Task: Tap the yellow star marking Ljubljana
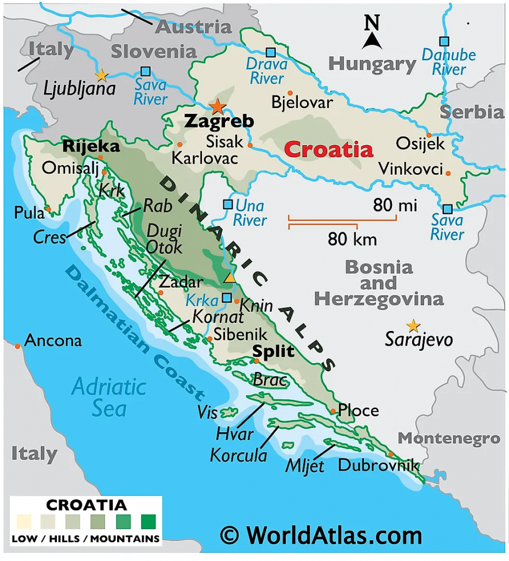(x=101, y=75)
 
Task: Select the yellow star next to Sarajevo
(x=413, y=326)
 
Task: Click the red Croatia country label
(x=329, y=150)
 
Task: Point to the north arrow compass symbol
(x=372, y=33)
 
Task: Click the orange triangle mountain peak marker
(x=230, y=278)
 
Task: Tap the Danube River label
(x=448, y=62)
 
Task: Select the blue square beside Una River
(x=228, y=204)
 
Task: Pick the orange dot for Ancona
(x=18, y=346)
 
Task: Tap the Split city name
(x=273, y=351)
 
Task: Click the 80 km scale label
(x=352, y=239)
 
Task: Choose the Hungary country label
(x=372, y=64)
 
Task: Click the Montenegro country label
(x=449, y=438)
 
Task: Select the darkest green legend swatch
(x=148, y=520)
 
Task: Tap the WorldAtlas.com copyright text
(x=321, y=535)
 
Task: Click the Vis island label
(x=208, y=413)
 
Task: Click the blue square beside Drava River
(x=270, y=53)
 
